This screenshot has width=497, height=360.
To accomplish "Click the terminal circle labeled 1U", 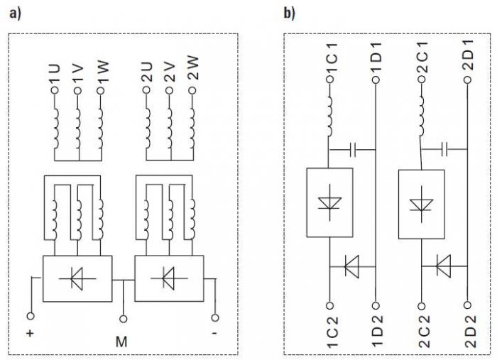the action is tap(55, 90).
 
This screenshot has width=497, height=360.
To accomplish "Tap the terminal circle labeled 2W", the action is tap(192, 90).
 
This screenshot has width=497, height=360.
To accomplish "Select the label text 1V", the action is tap(78, 75).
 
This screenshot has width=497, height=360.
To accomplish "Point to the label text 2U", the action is tap(147, 72).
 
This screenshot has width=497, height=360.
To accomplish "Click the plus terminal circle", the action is tap(31, 316).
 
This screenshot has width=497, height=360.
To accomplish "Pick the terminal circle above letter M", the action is tap(124, 319).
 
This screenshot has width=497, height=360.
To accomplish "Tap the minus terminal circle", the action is tap(215, 317).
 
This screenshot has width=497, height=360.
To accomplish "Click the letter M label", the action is tap(121, 342).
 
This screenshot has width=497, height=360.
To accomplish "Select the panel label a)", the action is tap(15, 13).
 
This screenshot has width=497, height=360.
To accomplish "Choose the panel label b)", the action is tap(289, 13).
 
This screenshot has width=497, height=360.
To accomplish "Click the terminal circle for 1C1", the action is tap(330, 79).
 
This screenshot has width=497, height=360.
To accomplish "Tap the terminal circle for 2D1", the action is tap(467, 80).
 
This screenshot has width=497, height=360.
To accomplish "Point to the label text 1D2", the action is tap(378, 330).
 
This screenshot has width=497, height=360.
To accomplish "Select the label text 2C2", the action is tap(423, 332).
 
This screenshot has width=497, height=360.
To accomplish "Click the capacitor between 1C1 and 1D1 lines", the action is tap(353, 150).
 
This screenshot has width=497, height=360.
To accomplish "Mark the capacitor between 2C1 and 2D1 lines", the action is tap(444, 149).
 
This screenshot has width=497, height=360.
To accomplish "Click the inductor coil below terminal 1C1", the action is tap(329, 116).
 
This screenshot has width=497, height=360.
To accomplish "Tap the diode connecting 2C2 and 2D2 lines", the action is tap(444, 266).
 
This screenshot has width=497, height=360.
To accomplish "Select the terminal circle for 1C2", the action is tap(329, 305).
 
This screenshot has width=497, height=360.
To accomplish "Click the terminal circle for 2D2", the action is tap(467, 305).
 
